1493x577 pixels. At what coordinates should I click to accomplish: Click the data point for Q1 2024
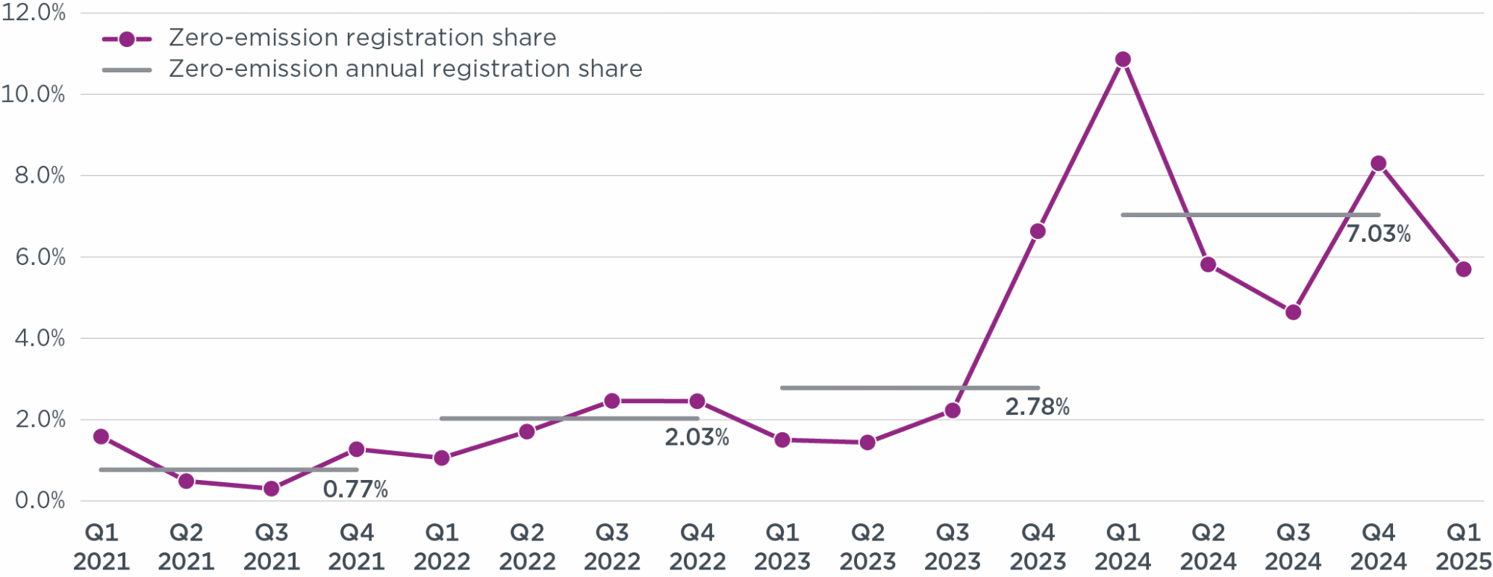coord(1123,60)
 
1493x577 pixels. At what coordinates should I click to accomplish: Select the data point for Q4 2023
coord(1038,231)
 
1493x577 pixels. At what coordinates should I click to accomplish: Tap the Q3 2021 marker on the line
coord(272,489)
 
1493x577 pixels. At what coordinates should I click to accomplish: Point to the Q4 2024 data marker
coord(1379,163)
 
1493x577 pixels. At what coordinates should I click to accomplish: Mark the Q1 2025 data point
coord(1463,269)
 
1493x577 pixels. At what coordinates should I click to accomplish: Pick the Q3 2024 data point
coord(1294,312)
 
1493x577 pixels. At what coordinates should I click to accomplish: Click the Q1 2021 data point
coord(102,437)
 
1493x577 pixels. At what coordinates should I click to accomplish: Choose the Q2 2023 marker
coord(867,443)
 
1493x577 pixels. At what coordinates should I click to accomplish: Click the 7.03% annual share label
coord(1378,234)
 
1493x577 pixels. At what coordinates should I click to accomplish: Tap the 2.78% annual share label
coord(1037,407)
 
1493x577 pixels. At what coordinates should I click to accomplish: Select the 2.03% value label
coord(696,437)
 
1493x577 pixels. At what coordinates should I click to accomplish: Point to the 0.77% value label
coord(355,490)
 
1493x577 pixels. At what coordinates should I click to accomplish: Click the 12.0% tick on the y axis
coord(34,13)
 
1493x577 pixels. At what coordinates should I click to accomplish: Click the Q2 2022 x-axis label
coord(527,546)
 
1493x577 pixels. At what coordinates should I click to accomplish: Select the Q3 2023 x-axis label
coord(953,546)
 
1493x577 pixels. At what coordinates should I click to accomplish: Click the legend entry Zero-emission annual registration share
coord(405,69)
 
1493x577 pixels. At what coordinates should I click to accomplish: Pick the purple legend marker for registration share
coord(127,39)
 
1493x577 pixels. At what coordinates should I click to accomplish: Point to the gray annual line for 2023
coord(909,388)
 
